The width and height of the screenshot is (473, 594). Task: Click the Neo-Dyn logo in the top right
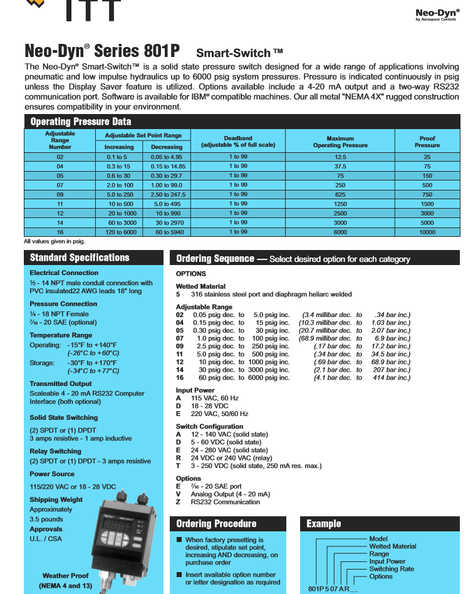(437, 14)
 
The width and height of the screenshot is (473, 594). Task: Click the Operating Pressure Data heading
(81, 122)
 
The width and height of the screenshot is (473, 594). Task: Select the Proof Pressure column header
(427, 142)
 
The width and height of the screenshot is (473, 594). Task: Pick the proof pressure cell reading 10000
(427, 232)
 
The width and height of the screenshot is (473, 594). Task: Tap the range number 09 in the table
(60, 194)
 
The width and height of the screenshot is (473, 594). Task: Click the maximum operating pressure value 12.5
(340, 157)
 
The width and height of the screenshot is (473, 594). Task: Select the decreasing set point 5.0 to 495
(167, 204)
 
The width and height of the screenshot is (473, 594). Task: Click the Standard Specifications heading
(80, 258)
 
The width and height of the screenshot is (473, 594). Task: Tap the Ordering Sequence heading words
(215, 259)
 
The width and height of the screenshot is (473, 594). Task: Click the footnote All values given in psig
(54, 241)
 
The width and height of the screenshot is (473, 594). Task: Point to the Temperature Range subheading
(61, 335)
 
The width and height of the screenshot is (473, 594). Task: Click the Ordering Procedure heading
(216, 524)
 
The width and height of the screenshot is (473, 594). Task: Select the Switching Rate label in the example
(392, 569)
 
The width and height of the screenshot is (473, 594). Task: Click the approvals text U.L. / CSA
(46, 539)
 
